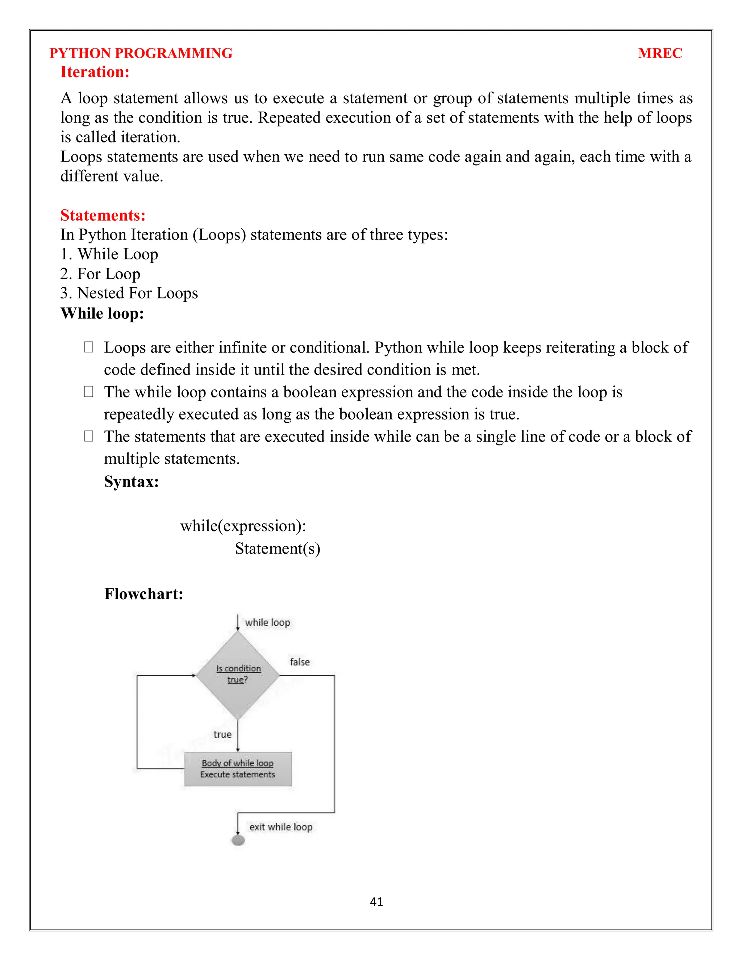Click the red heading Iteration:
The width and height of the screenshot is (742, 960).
click(95, 72)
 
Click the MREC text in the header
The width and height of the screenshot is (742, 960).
click(659, 53)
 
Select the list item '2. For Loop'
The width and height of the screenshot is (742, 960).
click(100, 274)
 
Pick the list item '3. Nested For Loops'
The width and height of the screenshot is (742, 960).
click(129, 293)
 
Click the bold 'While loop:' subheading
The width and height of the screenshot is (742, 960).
click(102, 313)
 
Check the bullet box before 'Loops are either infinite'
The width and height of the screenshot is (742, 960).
click(88, 347)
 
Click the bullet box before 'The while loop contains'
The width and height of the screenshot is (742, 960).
click(88, 392)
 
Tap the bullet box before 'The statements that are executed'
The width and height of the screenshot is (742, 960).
click(88, 436)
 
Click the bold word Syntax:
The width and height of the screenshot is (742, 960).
click(131, 481)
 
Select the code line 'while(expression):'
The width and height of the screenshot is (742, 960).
click(243, 526)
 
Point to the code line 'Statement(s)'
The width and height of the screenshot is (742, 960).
click(278, 548)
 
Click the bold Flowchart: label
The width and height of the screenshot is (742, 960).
click(143, 594)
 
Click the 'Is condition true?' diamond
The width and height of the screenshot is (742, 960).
click(238, 675)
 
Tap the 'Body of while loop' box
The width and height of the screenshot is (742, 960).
click(238, 769)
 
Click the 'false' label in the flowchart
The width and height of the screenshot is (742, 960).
click(300, 662)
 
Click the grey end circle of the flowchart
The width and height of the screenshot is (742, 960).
click(238, 840)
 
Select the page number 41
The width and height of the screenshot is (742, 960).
click(376, 902)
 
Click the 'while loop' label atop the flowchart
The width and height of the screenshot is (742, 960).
click(267, 622)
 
